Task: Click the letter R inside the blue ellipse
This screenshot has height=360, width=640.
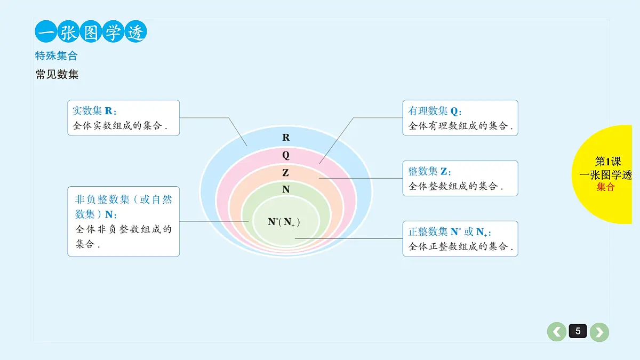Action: click(286, 138)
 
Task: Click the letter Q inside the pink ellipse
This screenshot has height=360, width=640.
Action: click(286, 155)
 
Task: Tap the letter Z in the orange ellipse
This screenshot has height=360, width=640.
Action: click(285, 173)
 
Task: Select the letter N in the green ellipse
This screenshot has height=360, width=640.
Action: click(286, 189)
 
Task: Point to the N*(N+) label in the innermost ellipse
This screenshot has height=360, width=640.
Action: click(284, 222)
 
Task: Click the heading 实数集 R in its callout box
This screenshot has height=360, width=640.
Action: click(94, 110)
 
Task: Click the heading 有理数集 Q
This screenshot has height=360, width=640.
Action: click(435, 111)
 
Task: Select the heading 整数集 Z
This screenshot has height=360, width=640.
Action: click(429, 171)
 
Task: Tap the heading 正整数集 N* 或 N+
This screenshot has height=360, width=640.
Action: click(450, 231)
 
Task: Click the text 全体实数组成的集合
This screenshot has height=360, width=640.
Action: click(119, 126)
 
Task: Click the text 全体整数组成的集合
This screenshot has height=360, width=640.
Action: click(455, 186)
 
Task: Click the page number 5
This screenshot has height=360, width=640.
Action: click(578, 331)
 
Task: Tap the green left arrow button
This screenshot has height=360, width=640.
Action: click(557, 332)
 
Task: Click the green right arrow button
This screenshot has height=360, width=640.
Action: click(599, 332)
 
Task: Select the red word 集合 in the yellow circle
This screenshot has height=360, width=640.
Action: click(605, 187)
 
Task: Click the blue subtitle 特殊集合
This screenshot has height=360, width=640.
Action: click(57, 55)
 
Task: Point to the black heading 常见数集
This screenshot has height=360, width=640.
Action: click(57, 74)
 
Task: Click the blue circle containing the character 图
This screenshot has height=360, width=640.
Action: click(91, 31)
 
